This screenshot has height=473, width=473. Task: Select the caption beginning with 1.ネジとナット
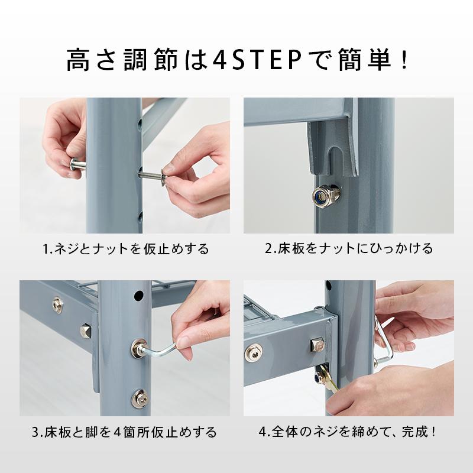(x=126, y=248)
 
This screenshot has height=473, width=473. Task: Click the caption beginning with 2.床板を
(x=348, y=248)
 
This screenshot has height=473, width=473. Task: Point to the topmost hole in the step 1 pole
(x=141, y=125)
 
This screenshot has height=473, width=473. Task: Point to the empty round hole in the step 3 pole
(x=139, y=294)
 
